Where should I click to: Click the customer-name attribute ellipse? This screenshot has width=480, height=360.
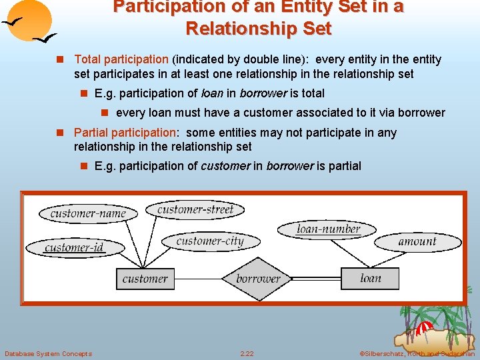[x=88, y=213]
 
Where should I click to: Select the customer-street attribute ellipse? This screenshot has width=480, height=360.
[x=195, y=209]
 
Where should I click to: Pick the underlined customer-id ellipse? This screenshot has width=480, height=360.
[x=74, y=247]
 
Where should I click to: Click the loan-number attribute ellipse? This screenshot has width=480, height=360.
[x=328, y=229]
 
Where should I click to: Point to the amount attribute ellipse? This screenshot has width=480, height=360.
[x=417, y=241]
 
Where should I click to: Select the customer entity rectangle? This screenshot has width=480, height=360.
[x=145, y=279]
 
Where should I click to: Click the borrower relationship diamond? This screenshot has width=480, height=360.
[x=258, y=279]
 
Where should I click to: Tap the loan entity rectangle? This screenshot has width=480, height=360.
[x=370, y=279]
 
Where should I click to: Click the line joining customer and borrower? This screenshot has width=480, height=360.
[x=197, y=279]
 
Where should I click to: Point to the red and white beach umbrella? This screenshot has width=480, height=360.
[x=423, y=329]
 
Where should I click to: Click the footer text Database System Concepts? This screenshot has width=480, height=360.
[x=48, y=353]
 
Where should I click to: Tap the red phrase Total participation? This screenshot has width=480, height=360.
[x=121, y=59]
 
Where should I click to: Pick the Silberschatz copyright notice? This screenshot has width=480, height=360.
[x=417, y=353]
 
